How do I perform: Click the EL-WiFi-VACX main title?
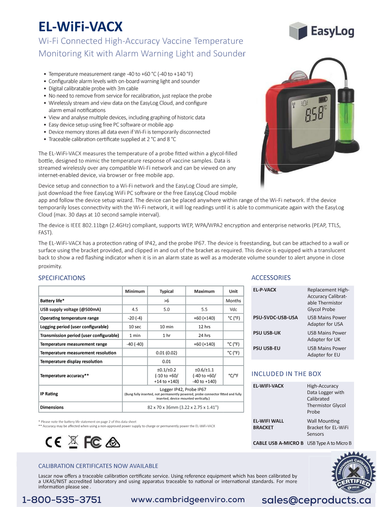tap(80, 27)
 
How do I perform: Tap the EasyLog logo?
tap(321, 31)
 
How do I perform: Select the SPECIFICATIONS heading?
tap(62, 278)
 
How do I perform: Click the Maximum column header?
tap(204, 291)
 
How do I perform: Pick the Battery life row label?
tap(52, 301)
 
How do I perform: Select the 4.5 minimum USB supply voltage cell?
tap(135, 309)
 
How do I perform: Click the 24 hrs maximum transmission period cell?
tap(204, 335)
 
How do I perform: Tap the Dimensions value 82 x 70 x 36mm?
tap(183, 407)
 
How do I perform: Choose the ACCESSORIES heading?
tap(271, 277)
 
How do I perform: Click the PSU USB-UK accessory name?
tap(267, 333)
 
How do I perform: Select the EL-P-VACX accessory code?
tap(265, 290)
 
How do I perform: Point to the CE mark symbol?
tap(53, 442)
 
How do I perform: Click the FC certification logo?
tap(93, 442)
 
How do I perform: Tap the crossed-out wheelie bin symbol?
tap(73, 442)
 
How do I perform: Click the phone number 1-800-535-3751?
tap(62, 500)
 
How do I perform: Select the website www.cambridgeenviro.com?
tap(188, 500)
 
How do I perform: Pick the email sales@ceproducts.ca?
tap(316, 500)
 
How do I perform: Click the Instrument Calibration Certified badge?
tap(354, 473)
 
